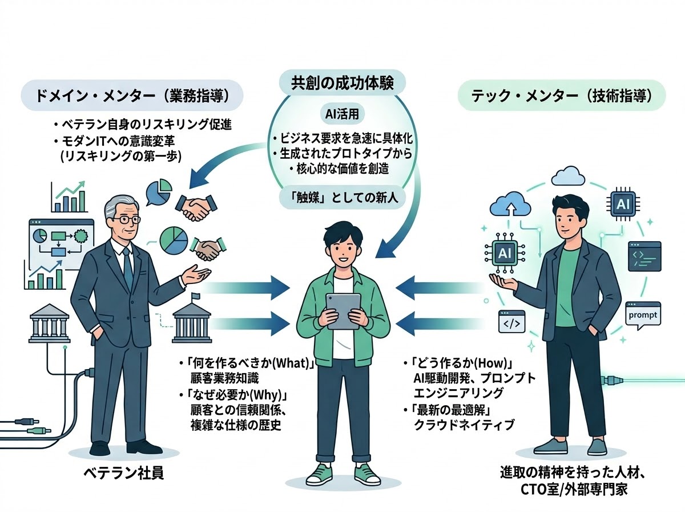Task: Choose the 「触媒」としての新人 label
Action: click(x=342, y=198)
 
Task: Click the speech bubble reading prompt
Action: click(x=643, y=315)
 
